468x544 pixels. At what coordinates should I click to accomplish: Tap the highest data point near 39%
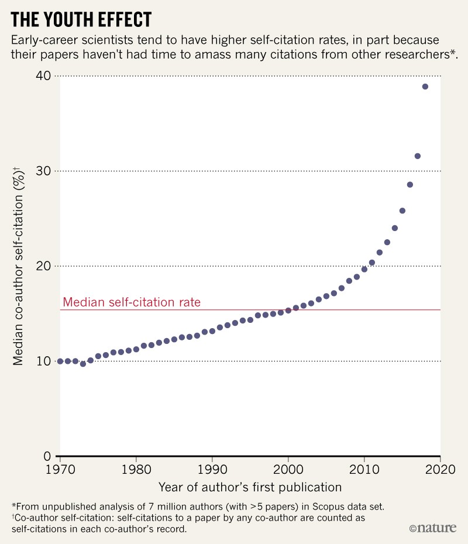tap(425, 87)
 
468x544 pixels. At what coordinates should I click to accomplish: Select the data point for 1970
tap(60, 361)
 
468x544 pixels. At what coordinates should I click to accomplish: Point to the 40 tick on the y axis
tap(43, 76)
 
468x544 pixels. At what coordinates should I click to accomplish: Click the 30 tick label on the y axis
tap(43, 171)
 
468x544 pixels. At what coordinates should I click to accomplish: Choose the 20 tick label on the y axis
tap(43, 266)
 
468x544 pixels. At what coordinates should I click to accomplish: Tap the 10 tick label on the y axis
tap(43, 361)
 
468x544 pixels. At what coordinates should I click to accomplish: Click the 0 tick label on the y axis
tap(48, 456)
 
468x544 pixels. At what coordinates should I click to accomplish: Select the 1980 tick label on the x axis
tap(136, 469)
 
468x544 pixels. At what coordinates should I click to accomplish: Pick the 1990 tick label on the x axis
tap(212, 469)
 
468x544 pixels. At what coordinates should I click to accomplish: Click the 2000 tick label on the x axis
tap(288, 469)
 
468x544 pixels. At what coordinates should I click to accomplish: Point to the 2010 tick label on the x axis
tap(364, 469)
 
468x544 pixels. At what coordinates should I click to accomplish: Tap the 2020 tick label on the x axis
tap(440, 469)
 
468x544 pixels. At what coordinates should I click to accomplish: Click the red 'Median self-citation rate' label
tap(132, 302)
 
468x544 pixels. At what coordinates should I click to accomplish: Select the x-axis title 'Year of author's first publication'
tap(250, 487)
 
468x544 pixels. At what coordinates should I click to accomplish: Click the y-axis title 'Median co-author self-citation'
tap(19, 266)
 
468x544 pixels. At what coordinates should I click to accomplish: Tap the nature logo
tap(432, 528)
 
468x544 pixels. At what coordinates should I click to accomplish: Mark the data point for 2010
tap(364, 269)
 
